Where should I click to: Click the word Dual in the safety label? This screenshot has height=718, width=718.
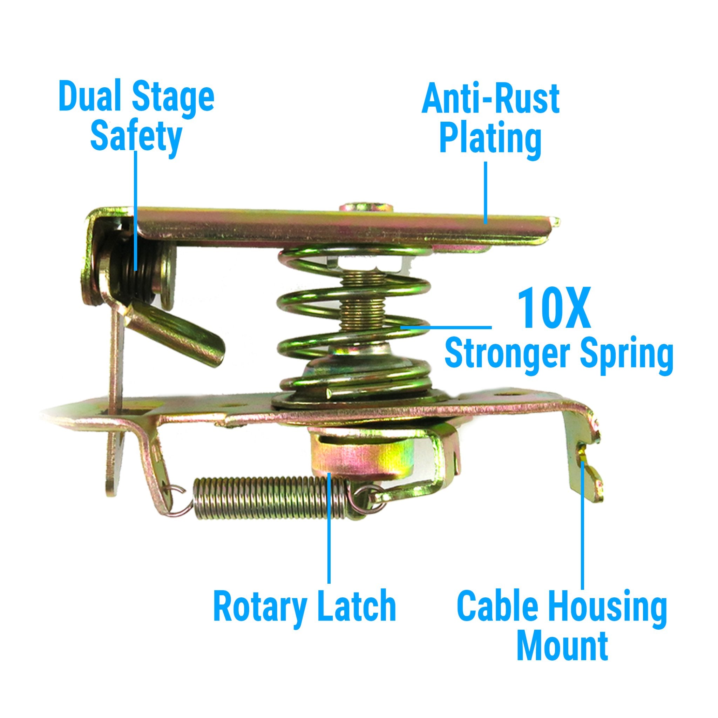point(88,97)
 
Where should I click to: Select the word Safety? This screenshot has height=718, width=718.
point(136,138)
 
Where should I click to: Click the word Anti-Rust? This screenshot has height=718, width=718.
point(490,99)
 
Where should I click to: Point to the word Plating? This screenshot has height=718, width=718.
point(490,140)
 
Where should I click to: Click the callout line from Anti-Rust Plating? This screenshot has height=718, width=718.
point(485,192)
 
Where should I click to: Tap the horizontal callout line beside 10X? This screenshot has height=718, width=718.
point(446,327)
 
